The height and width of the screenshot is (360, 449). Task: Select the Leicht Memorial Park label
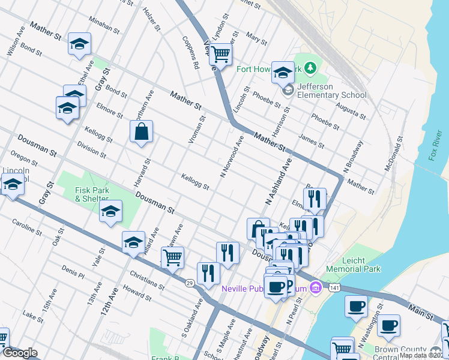pos(354,265)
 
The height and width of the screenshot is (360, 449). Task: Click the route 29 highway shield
pos(189,283)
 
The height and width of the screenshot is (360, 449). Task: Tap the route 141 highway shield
pos(333,289)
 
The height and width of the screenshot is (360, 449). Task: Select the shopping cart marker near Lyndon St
pos(221,55)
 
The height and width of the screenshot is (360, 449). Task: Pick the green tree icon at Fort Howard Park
pos(310,68)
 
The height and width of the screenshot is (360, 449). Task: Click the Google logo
pos(20,353)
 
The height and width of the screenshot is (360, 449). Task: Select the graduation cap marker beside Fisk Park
pos(111,212)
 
